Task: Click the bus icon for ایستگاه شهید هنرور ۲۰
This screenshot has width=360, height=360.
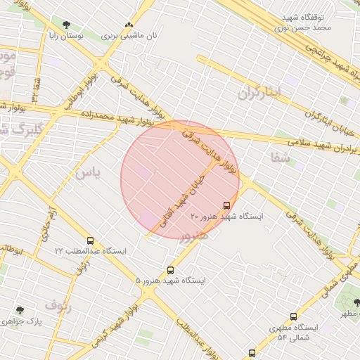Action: click(x=226, y=205)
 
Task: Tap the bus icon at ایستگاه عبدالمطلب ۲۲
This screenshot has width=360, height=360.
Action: click(x=90, y=240)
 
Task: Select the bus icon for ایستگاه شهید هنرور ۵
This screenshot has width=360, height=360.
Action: click(x=170, y=270)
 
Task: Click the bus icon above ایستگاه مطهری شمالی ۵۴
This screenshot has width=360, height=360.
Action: click(x=293, y=317)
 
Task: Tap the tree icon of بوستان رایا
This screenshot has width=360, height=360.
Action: click(x=67, y=25)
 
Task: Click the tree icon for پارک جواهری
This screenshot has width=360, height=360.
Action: click(x=19, y=310)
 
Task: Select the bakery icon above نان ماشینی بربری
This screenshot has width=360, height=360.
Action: click(x=128, y=25)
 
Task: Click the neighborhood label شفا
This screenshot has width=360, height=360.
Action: click(x=279, y=157)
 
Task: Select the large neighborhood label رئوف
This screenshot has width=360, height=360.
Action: click(x=58, y=305)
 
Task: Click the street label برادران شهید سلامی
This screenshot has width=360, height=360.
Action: click(x=310, y=145)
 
